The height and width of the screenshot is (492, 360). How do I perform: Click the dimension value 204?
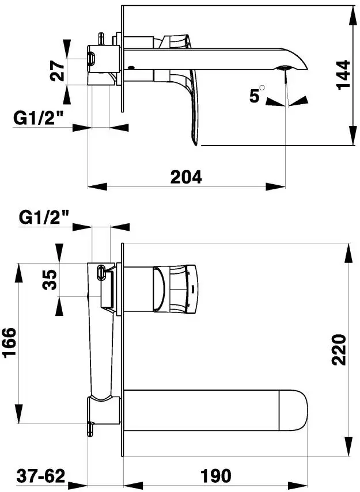[x=186, y=177]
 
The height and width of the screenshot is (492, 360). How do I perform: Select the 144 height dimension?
[x=343, y=75]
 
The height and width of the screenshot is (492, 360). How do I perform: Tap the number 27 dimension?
[x=58, y=71]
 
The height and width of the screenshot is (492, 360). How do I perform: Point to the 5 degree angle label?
[x=255, y=96]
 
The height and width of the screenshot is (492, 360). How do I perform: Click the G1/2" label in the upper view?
[x=39, y=119]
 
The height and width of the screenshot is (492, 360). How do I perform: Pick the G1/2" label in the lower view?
[x=44, y=217]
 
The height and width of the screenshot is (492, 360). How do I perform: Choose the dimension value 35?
[x=50, y=280]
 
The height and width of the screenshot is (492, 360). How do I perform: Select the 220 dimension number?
[x=339, y=350]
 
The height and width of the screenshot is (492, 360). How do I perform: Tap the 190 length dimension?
[x=216, y=476]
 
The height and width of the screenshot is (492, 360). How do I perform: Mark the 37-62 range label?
[x=41, y=476]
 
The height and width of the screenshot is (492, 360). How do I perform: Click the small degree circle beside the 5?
[x=262, y=87]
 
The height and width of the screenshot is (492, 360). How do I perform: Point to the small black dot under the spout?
[x=131, y=67]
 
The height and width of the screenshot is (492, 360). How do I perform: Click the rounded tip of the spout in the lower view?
[x=307, y=410]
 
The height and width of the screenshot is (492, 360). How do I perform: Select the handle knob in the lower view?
[x=176, y=289]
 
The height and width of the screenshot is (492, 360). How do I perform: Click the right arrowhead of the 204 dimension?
[x=275, y=186]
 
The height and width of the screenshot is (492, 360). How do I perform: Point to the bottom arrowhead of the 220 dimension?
[x=349, y=446]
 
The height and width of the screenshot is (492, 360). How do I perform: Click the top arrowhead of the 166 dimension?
[x=19, y=273]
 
